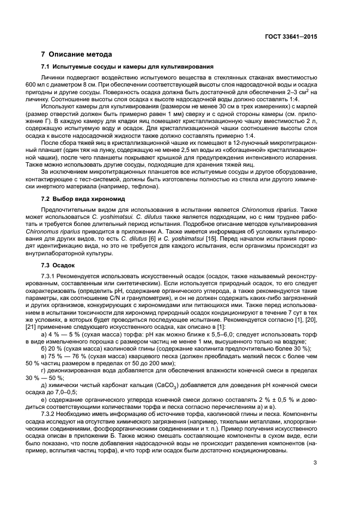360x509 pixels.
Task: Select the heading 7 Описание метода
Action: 77,54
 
